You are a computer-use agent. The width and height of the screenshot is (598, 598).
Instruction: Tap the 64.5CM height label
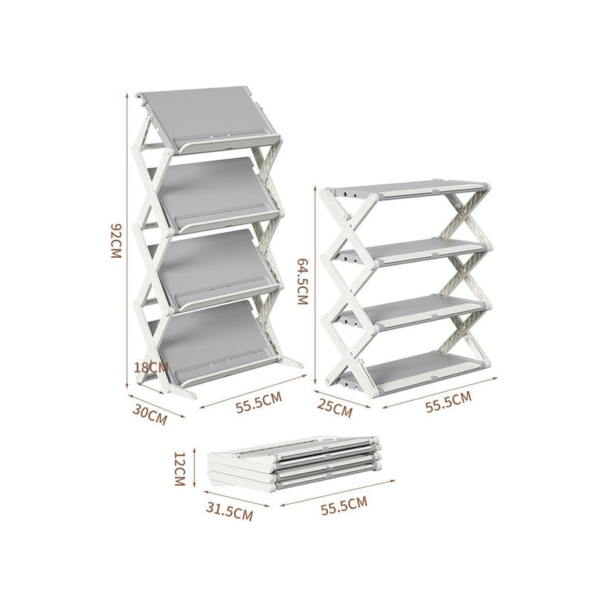[302, 282]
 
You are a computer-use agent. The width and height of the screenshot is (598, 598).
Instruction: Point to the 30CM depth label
[148, 413]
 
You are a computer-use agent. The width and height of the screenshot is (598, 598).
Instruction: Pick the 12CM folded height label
[179, 469]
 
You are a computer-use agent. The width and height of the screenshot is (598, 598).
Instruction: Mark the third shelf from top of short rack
[422, 308]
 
